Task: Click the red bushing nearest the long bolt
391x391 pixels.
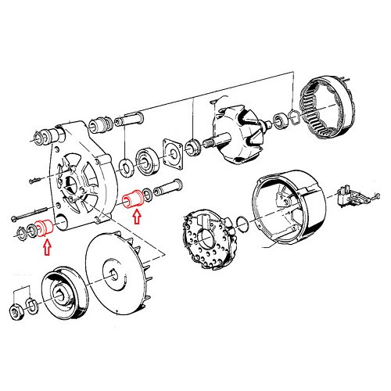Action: coord(45,229)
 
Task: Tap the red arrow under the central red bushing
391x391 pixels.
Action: coord(138,217)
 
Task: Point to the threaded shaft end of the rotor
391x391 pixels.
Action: coord(195,145)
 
